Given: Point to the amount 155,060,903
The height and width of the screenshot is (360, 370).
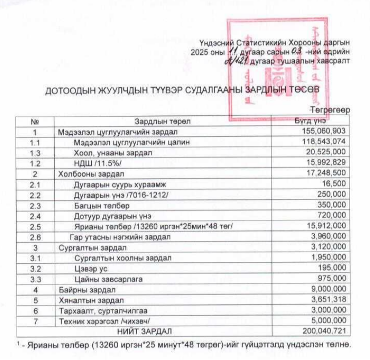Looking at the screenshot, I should pos(324,132).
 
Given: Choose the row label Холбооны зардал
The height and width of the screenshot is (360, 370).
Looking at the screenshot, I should pos(91,173).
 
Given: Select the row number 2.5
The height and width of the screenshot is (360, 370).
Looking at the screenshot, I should pos(35,226).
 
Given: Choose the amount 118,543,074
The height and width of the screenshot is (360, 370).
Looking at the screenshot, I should pos(324,142).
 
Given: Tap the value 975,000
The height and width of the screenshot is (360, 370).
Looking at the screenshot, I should pos(332,278).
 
